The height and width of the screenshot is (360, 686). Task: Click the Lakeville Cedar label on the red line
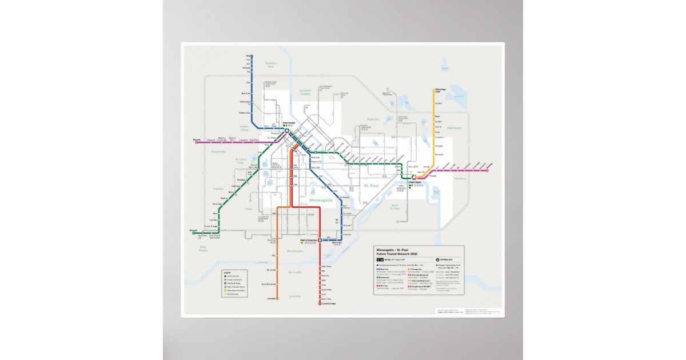click(x=328, y=303)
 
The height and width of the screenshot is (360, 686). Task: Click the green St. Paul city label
click(x=372, y=186)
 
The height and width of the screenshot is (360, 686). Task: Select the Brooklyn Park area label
click(x=271, y=65)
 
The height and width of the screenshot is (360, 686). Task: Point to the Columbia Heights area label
click(x=305, y=92)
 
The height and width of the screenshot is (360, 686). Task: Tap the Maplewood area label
click(x=453, y=128)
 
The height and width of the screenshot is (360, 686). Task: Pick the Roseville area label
click(x=373, y=119)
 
